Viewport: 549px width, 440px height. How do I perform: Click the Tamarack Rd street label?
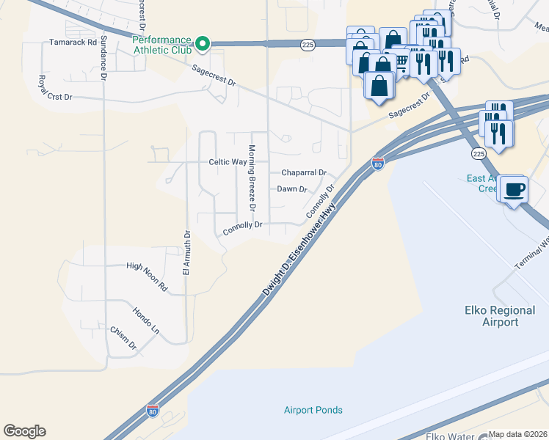coord(73,43)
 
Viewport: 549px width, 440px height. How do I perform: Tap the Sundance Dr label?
coord(103,56)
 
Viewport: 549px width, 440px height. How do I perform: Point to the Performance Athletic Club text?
coord(161,44)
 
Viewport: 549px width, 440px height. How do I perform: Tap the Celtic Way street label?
coord(228,162)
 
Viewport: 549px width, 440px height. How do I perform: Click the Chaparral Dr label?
coord(304,173)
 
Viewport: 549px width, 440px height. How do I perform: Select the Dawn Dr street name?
coord(291,189)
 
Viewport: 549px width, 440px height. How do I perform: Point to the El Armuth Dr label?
coord(186,253)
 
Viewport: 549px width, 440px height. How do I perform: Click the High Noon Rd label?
coord(147,268)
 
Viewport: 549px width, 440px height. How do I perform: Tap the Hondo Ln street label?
coord(145,320)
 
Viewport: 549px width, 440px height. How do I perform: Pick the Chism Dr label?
coord(123,337)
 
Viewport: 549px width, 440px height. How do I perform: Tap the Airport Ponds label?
coord(313,410)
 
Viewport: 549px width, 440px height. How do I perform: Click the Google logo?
coord(24,431)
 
